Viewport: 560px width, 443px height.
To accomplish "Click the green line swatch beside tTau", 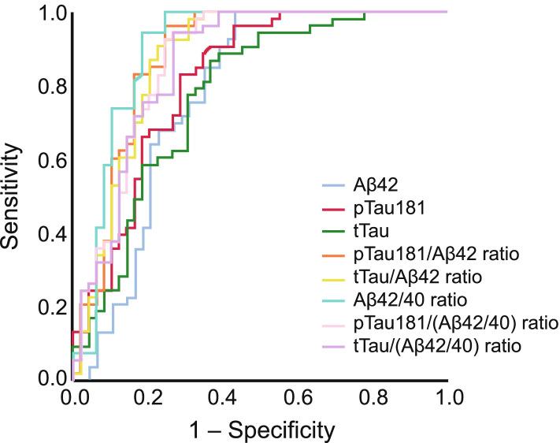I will [334, 232].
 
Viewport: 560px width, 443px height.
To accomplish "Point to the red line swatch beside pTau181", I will [334, 209].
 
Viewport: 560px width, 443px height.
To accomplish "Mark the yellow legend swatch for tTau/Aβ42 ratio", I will [334, 277].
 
